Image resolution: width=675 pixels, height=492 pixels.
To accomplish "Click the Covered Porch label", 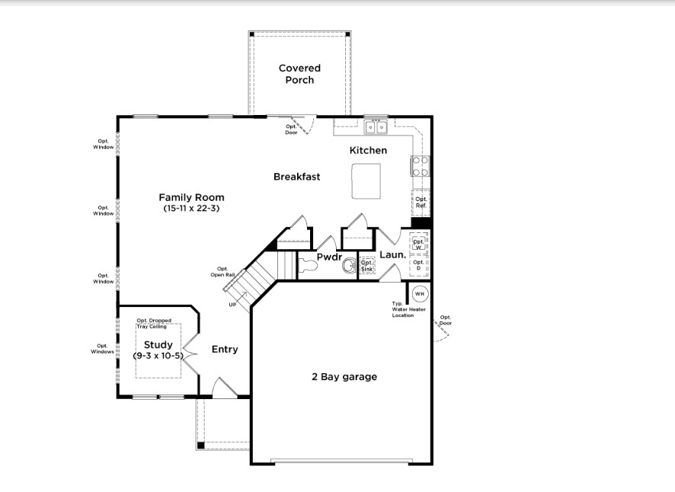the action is click(x=299, y=74).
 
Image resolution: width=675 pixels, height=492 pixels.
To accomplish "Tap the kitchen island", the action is click(x=366, y=181).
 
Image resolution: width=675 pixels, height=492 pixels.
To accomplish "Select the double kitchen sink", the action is click(x=376, y=127).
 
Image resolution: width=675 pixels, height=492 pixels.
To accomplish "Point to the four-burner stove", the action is click(x=420, y=166).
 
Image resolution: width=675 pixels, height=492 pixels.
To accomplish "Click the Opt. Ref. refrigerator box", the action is click(x=421, y=203).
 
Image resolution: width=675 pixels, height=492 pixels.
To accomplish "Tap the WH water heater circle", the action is click(x=420, y=294).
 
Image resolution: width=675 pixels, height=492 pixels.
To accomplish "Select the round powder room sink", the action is click(x=349, y=266).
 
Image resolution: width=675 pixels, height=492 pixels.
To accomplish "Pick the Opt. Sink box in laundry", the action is click(x=367, y=266).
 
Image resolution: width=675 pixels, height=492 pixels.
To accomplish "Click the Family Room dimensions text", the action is click(x=191, y=209).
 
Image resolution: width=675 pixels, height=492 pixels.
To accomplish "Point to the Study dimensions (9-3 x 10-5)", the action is click(x=158, y=356).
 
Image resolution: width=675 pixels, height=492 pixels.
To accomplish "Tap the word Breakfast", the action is click(x=296, y=177).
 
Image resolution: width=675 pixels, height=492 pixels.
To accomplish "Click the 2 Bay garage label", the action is click(x=344, y=377).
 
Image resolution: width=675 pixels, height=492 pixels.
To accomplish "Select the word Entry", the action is click(x=225, y=350).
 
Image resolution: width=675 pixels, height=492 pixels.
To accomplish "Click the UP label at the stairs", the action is click(x=232, y=305).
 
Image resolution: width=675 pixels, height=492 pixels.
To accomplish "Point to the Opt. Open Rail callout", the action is click(x=222, y=272).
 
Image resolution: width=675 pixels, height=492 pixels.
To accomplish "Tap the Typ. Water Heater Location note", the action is click(x=408, y=309).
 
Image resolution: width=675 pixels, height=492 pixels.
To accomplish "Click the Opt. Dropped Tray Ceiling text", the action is click(x=154, y=324).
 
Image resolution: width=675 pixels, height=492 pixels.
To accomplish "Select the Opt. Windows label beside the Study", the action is click(x=102, y=349).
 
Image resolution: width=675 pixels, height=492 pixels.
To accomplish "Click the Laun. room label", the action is click(x=392, y=255).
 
